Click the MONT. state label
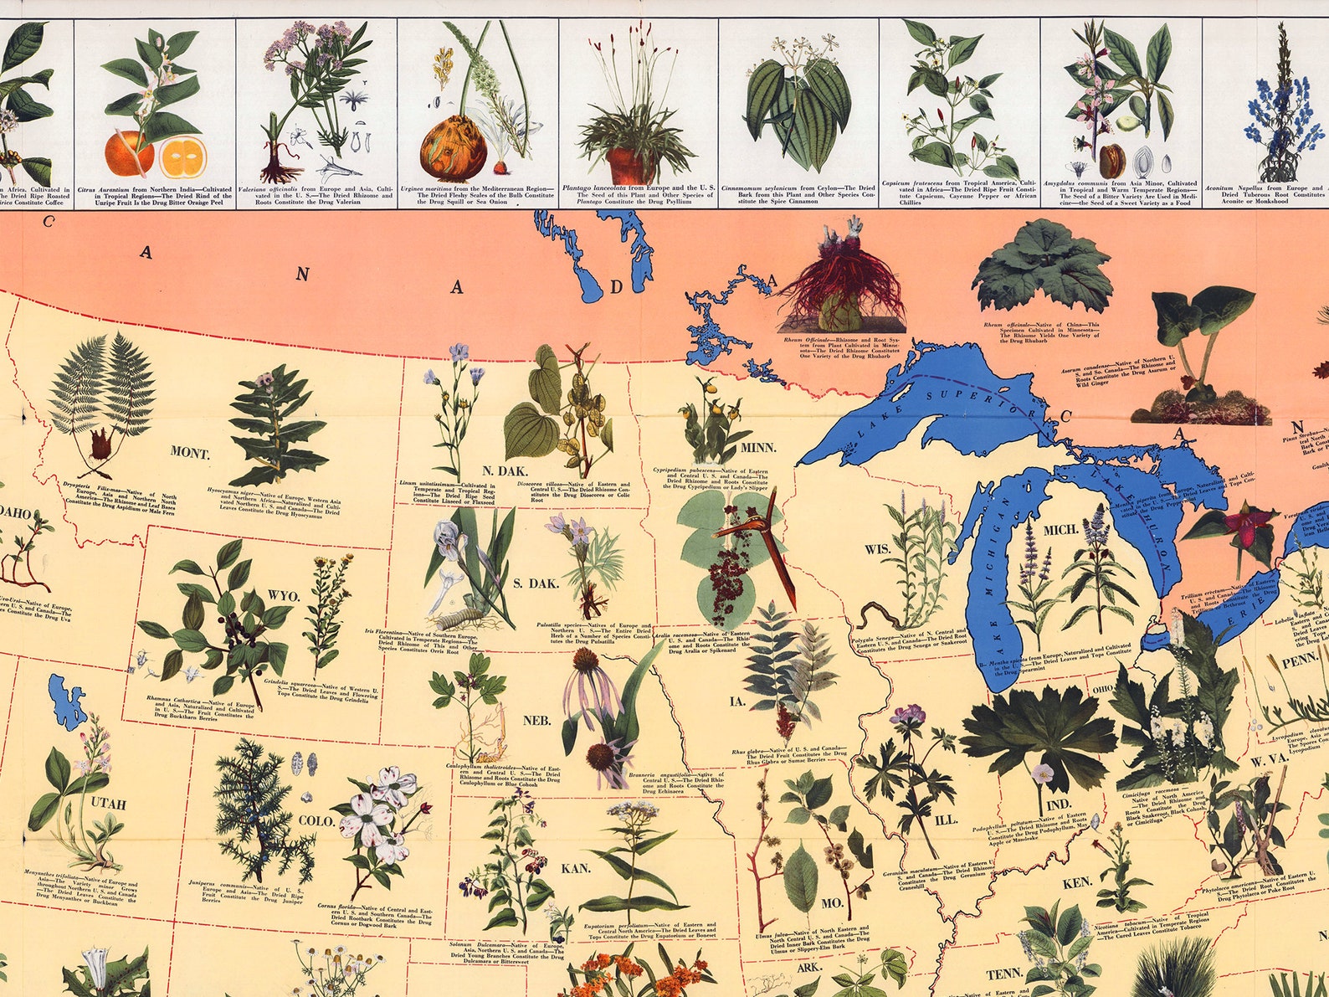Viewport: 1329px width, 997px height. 191,453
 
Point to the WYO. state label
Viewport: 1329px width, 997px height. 284,596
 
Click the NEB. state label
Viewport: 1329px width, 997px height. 536,720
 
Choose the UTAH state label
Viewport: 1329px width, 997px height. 109,805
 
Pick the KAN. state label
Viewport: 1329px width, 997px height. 576,868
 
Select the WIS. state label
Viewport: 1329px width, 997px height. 877,549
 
